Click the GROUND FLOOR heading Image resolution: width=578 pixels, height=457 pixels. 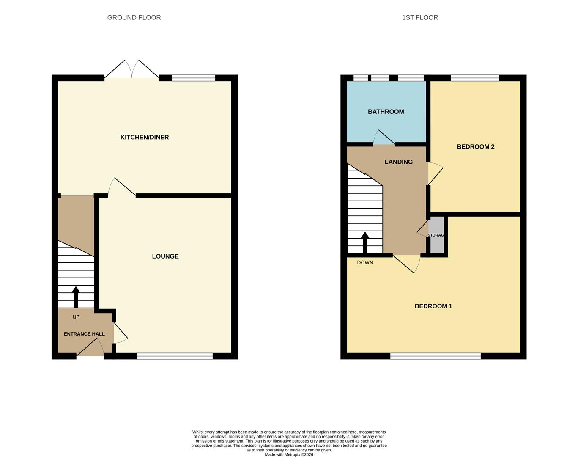(x=134, y=17)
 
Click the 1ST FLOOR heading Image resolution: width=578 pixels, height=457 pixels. (x=420, y=17)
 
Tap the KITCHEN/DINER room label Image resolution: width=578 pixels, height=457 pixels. (x=145, y=137)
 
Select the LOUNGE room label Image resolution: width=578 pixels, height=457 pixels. (x=165, y=256)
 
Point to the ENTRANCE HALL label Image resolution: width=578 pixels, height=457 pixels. (x=84, y=334)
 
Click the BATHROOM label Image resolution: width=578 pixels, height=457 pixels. (x=386, y=112)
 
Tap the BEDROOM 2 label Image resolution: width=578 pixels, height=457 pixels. (x=476, y=147)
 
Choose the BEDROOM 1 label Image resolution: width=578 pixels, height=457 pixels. (x=433, y=306)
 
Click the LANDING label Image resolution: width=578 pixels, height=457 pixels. (x=398, y=162)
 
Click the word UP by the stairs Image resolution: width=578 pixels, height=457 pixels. (x=76, y=317)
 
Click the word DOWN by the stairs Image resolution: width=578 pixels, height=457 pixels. (x=365, y=262)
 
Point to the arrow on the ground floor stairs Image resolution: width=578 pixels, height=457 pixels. (x=76, y=296)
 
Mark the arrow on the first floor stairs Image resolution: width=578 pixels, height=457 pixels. (x=365, y=242)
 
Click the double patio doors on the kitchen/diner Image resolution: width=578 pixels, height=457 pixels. (x=132, y=70)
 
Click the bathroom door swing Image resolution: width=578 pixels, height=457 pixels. (x=383, y=138)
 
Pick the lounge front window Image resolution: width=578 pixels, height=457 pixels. (x=175, y=356)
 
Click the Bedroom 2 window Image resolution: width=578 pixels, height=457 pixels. (x=475, y=78)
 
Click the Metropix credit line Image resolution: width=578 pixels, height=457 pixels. (x=289, y=454)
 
